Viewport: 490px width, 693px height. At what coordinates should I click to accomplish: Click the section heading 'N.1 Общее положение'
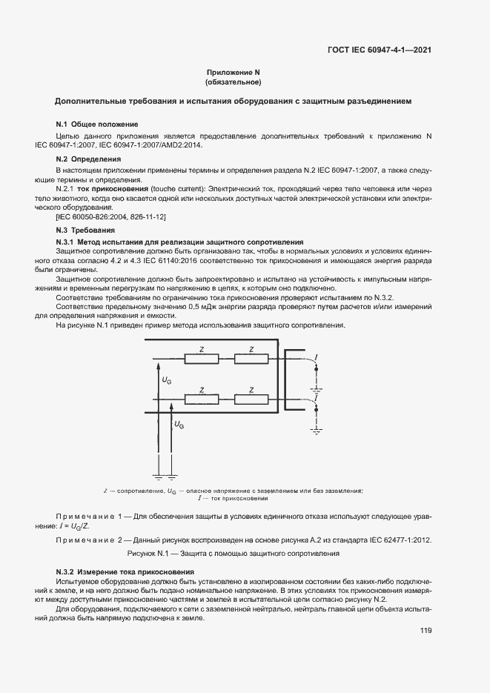97,124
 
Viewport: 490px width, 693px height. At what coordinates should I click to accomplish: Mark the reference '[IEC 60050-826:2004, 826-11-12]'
110,216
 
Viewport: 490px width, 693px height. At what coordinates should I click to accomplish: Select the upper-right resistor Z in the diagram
251,359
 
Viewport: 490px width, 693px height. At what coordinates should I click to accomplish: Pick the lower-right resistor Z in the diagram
251,399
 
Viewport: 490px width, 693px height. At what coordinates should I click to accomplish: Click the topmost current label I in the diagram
317,358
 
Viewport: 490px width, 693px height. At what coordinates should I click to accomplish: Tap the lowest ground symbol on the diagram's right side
317,428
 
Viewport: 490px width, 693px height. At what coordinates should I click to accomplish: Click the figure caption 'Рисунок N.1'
234,553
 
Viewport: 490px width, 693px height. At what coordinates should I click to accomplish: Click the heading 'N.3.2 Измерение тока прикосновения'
125,572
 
